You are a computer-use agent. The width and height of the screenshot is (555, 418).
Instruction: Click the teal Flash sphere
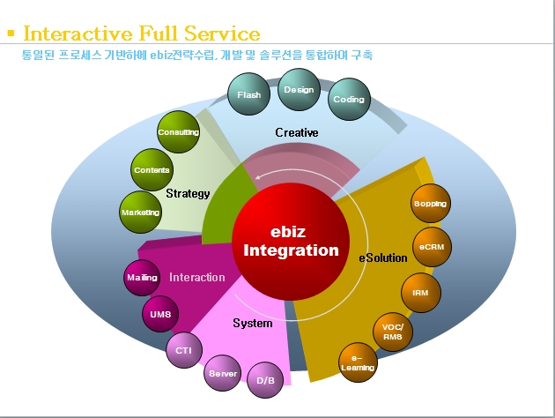[x=248, y=94]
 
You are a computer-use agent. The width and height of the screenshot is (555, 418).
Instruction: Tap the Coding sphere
[x=349, y=100]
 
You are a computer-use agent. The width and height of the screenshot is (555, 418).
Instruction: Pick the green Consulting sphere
[x=178, y=132]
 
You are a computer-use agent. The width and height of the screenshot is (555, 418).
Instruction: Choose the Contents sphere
[x=152, y=170]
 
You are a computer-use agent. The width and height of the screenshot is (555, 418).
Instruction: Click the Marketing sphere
[x=140, y=213]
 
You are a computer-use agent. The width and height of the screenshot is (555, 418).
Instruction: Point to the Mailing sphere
[x=142, y=278]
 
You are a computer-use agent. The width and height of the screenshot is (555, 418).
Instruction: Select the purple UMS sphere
[x=160, y=314]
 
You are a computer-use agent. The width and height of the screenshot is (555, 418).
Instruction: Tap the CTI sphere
[x=184, y=350]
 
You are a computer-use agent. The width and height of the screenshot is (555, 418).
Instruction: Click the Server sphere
[x=223, y=374]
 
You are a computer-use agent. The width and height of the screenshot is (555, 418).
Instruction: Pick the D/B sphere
[x=265, y=380]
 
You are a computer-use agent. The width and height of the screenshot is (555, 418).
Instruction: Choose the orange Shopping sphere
[x=430, y=204]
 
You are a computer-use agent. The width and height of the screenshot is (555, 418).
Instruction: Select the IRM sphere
[x=420, y=292]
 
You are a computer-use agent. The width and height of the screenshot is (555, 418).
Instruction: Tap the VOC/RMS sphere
[x=393, y=331]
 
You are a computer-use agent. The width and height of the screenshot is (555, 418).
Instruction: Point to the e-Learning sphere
[x=358, y=362]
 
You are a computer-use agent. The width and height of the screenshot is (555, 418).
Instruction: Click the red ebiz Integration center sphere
[x=291, y=243]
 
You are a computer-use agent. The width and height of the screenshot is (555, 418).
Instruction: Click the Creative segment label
[x=296, y=132]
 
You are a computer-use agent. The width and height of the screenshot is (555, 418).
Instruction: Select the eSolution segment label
[x=382, y=258]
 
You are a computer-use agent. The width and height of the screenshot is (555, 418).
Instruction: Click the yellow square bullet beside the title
[x=11, y=34]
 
